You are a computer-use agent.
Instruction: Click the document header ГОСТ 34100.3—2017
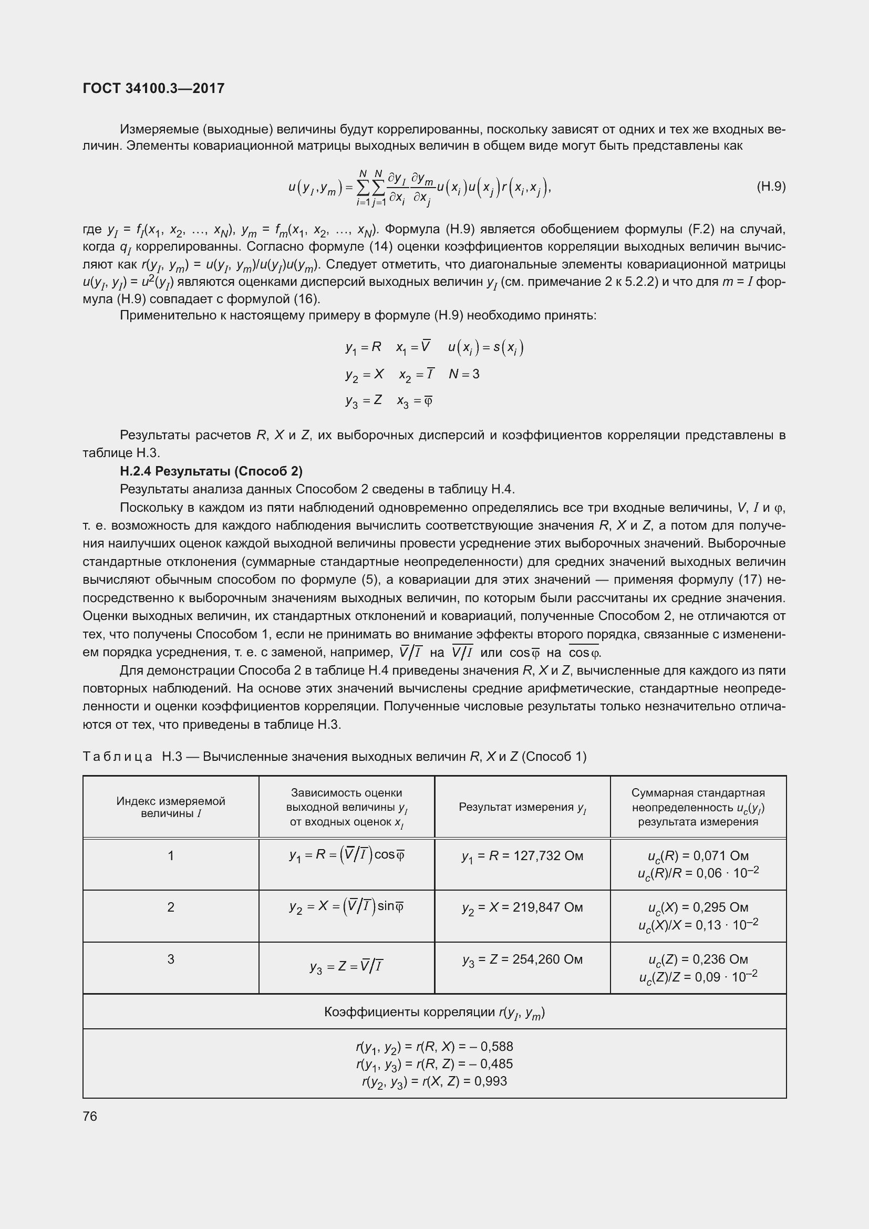[x=153, y=88]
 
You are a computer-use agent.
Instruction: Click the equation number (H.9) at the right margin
[x=771, y=187]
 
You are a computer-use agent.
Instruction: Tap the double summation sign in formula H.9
[x=370, y=188]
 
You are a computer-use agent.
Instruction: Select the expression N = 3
[x=464, y=374]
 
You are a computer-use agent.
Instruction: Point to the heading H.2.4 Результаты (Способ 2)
[x=211, y=471]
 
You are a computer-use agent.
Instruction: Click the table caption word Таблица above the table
[x=118, y=756]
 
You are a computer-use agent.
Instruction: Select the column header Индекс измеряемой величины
[x=171, y=807]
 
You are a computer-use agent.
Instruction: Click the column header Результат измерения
[x=522, y=807]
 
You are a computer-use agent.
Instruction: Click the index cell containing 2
[x=171, y=907]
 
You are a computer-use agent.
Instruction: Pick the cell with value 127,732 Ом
[x=522, y=856]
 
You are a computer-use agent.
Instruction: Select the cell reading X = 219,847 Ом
[x=522, y=907]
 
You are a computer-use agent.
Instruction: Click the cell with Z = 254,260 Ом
[x=522, y=959]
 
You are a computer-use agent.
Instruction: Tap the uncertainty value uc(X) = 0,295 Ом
[x=698, y=907]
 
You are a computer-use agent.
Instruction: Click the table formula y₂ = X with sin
[x=347, y=906]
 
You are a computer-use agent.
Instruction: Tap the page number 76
[x=90, y=1116]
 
